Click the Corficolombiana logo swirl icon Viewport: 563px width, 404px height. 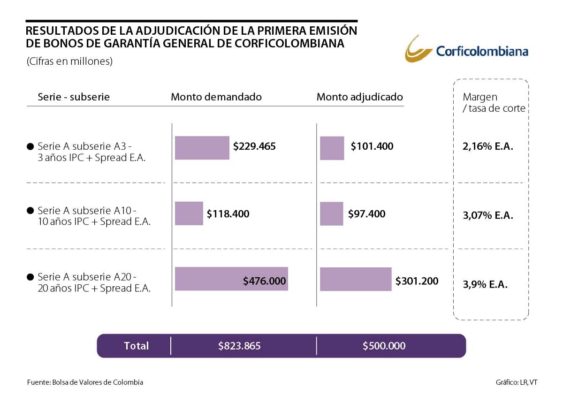click(419, 49)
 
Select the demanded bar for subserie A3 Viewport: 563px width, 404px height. click(202, 148)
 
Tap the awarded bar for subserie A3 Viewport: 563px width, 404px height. click(332, 148)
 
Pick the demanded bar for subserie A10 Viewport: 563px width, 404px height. click(189, 213)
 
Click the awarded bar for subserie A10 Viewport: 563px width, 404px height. click(331, 213)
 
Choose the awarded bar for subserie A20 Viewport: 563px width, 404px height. click(356, 279)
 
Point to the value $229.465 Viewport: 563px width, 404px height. click(254, 146)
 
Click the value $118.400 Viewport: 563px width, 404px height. click(228, 214)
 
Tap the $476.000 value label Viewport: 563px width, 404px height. click(264, 281)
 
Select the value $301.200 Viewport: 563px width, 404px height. click(417, 281)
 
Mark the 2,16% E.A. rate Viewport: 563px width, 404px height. click(488, 146)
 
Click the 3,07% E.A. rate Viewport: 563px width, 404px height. click(488, 215)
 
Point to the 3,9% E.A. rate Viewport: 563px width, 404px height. click(485, 284)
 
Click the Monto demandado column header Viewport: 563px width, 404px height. click(216, 97)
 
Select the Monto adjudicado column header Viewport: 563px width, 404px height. click(359, 97)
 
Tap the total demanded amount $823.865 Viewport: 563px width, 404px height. click(239, 346)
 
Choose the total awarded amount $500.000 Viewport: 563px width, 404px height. click(384, 346)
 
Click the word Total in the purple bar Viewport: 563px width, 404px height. click(136, 346)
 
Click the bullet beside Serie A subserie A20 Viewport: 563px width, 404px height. click(30, 277)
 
